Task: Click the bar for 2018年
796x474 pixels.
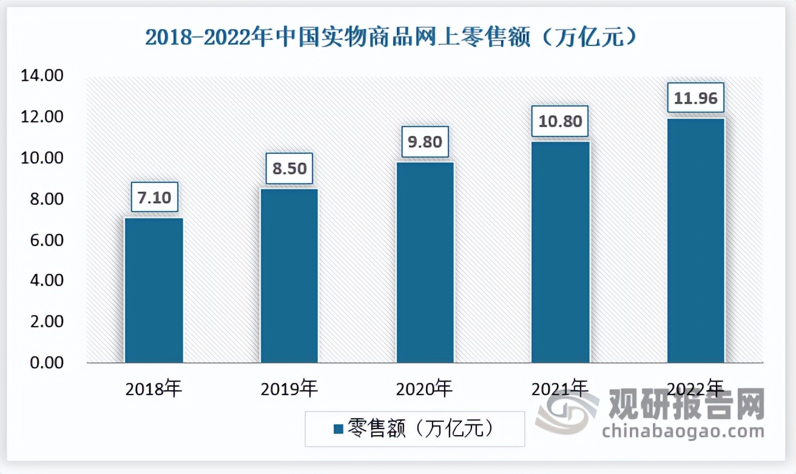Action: pyautogui.click(x=154, y=290)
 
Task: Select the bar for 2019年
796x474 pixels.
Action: pyautogui.click(x=289, y=276)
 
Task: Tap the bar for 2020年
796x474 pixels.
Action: pyautogui.click(x=425, y=262)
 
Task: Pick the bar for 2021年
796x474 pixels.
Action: pyautogui.click(x=561, y=252)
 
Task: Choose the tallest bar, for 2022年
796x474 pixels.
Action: pyautogui.click(x=696, y=241)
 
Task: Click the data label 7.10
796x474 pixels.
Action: pyautogui.click(x=154, y=198)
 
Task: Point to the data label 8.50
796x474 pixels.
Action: pyautogui.click(x=289, y=169)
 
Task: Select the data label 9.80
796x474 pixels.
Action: pyautogui.click(x=425, y=142)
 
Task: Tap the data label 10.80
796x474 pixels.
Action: pyautogui.click(x=561, y=122)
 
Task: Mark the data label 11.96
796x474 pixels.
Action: pyautogui.click(x=696, y=98)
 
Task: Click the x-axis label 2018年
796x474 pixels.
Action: pyautogui.click(x=154, y=389)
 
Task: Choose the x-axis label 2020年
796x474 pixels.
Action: pyautogui.click(x=425, y=389)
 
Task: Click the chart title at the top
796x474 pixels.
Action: pyautogui.click(x=391, y=38)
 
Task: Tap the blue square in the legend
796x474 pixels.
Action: pyautogui.click(x=338, y=429)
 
